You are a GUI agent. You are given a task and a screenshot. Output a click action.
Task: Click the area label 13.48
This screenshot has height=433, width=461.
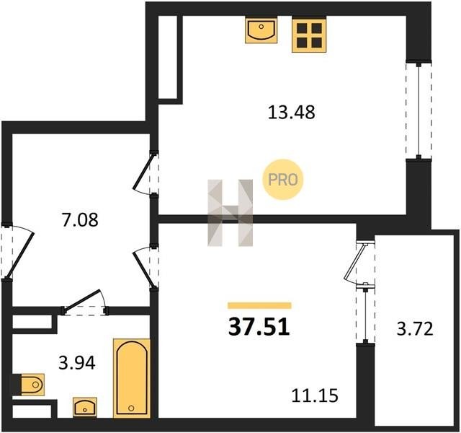[x=291, y=113]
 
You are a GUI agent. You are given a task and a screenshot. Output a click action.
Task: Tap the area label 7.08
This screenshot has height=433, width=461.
[x=80, y=219]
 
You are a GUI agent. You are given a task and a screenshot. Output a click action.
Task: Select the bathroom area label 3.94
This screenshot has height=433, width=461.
[x=77, y=362]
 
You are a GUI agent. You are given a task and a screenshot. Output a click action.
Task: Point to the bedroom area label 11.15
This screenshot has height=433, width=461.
[x=315, y=395]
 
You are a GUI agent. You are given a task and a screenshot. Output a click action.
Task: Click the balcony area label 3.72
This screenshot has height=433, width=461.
[x=415, y=329]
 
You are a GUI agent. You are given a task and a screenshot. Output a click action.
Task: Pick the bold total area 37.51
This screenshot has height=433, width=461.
[x=259, y=327]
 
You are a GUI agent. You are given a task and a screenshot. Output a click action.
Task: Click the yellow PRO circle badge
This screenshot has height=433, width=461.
[x=283, y=180]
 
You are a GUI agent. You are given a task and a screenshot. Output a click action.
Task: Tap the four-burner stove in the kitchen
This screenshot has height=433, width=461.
[x=309, y=34]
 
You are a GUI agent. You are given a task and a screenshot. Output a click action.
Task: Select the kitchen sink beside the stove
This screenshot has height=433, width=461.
[x=261, y=30]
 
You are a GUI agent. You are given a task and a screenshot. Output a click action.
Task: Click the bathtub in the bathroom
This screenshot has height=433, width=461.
[x=131, y=378]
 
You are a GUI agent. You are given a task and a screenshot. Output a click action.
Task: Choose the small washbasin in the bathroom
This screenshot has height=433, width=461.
[x=85, y=407]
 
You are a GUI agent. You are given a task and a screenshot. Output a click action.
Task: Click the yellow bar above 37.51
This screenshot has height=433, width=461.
[x=259, y=305]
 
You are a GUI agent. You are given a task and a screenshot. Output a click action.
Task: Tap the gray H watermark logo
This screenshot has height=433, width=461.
[x=230, y=213]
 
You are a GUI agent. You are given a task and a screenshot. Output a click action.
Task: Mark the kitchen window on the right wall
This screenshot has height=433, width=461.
[x=419, y=110]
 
